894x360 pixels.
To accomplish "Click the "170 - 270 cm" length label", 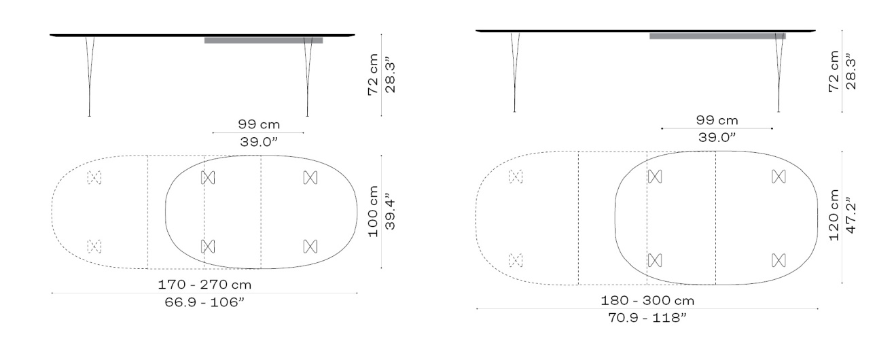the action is click(x=204, y=285).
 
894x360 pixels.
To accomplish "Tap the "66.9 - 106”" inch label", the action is click(x=204, y=302).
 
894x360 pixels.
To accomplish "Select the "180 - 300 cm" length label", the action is click(x=647, y=300).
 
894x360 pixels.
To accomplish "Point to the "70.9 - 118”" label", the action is click(x=647, y=318).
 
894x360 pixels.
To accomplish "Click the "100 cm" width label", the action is click(x=373, y=211).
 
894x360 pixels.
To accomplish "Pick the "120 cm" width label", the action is click(x=834, y=215).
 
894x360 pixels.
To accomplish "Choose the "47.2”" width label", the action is click(x=851, y=215).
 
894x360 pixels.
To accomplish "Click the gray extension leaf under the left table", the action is click(x=264, y=40).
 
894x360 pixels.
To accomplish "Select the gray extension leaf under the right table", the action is click(x=717, y=36).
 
